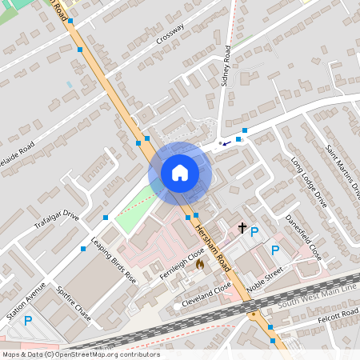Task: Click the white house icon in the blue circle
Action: [179, 172]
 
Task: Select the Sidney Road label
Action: [226, 65]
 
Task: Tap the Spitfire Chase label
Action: [74, 305]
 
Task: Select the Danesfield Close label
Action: [304, 236]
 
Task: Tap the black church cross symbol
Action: [242, 229]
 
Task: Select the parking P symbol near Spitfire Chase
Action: [28, 321]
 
